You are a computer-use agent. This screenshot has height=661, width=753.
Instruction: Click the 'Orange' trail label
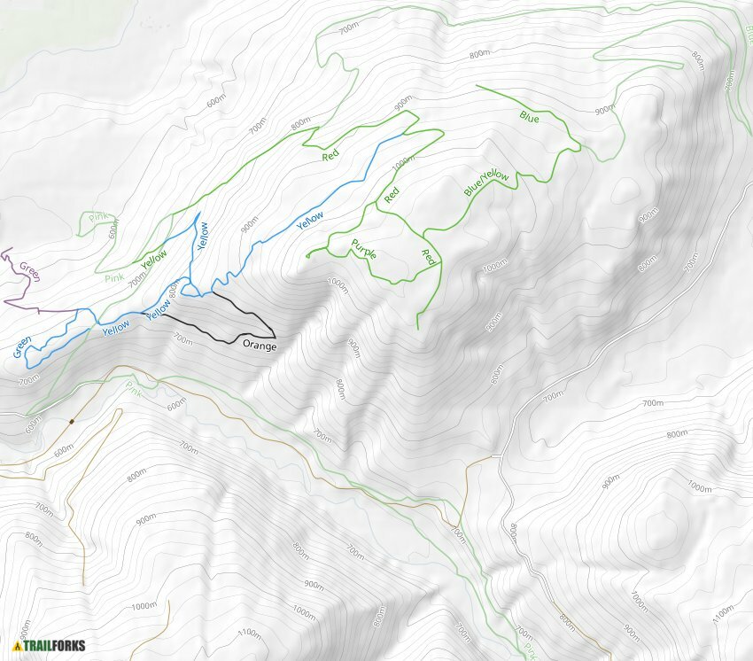coord(260,346)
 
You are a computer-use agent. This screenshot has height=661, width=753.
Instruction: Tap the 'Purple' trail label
coord(364,249)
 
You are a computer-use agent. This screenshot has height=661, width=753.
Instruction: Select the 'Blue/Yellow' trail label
coord(486,183)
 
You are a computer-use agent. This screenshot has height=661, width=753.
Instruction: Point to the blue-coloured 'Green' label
coord(23,346)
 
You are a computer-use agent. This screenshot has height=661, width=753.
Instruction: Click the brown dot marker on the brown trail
coord(72,421)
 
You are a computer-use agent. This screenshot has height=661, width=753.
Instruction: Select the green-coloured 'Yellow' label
coord(154,259)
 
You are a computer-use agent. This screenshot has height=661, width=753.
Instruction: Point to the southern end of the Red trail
coord(417,329)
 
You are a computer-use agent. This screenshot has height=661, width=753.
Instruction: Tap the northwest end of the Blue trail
coord(477,86)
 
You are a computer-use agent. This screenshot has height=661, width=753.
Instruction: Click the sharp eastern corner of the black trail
coord(276,337)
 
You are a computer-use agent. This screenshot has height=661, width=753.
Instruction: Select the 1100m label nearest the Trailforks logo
coord(250,634)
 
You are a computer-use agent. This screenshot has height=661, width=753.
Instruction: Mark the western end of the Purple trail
coord(307,256)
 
